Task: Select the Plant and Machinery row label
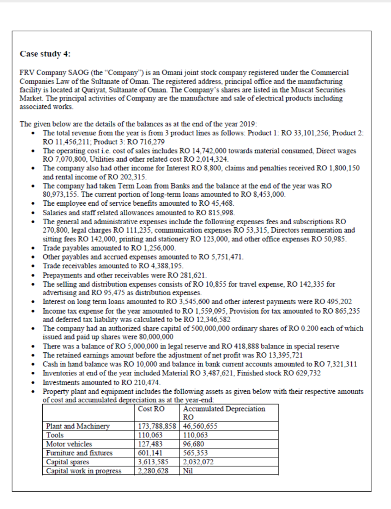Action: (77, 426)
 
